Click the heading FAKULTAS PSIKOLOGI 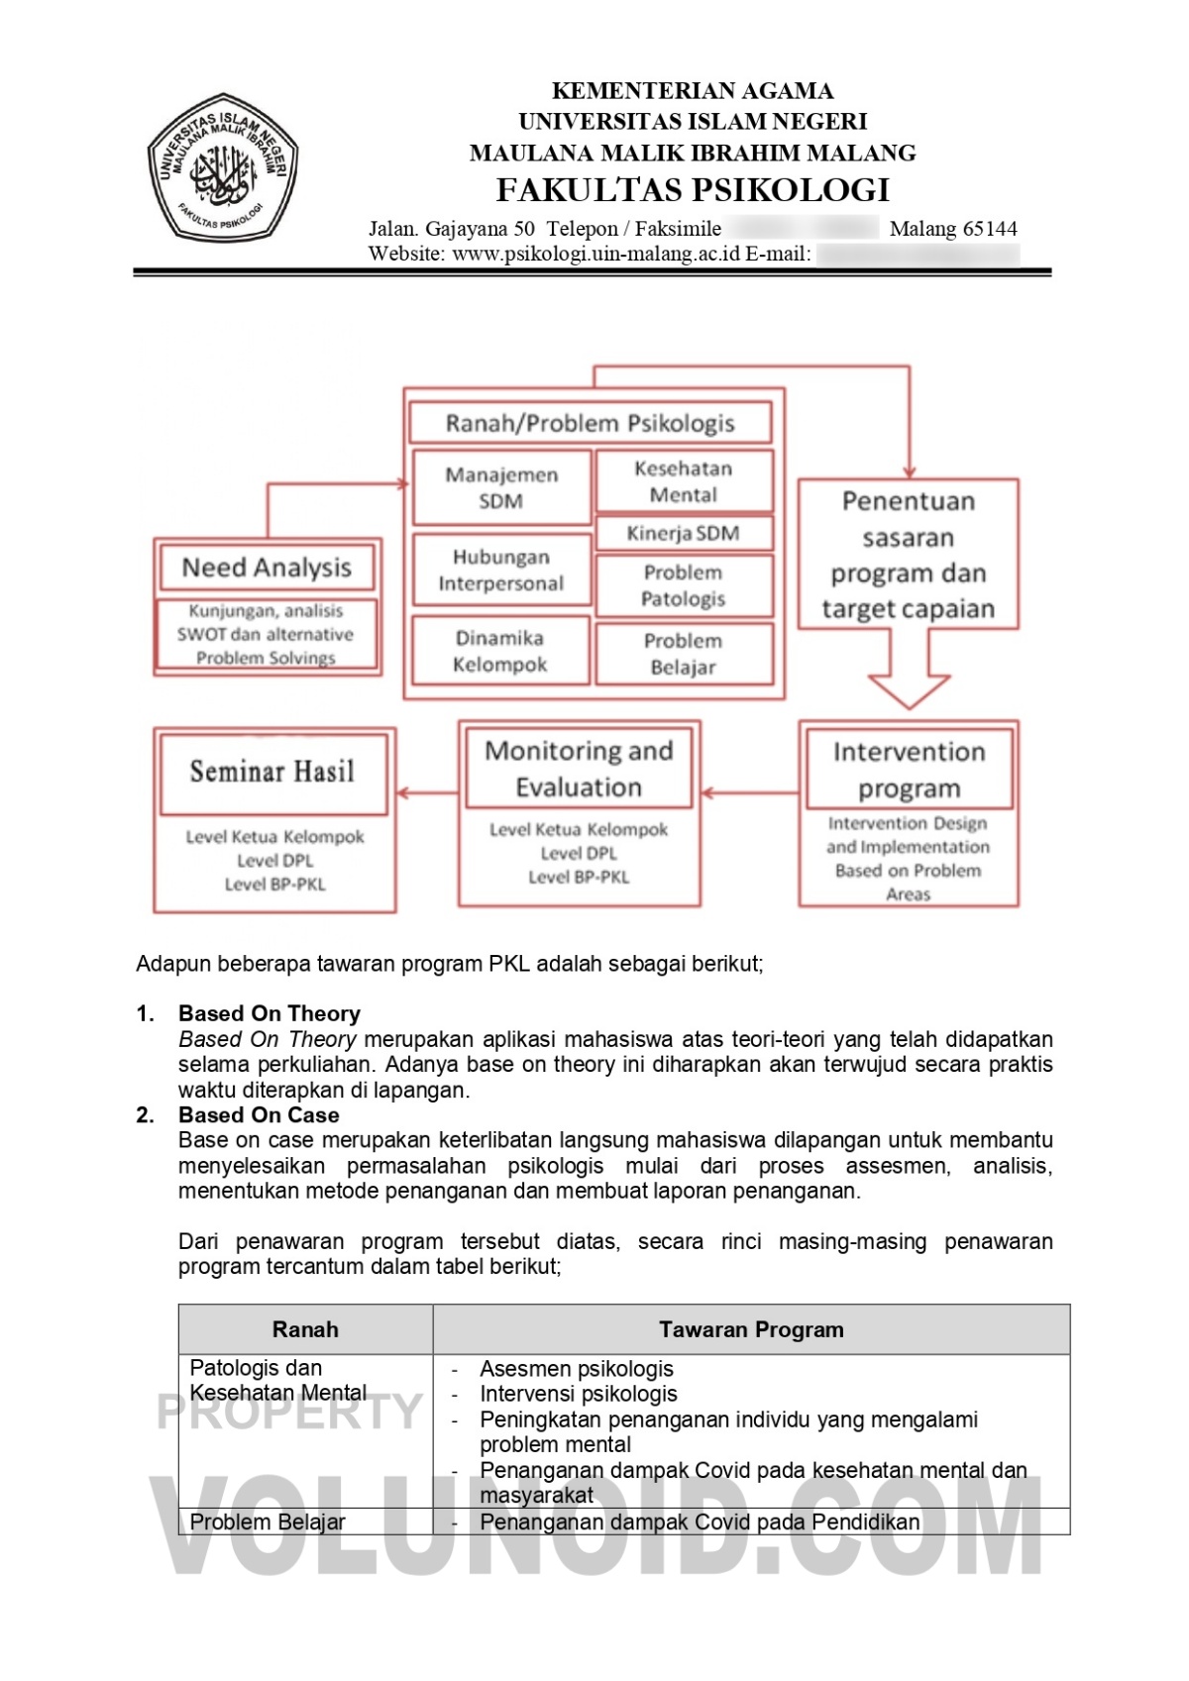693,190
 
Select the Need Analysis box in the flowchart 267,568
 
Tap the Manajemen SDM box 501,487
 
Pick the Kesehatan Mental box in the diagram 684,481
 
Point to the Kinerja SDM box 684,533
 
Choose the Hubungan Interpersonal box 501,571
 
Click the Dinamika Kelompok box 500,651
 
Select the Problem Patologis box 684,585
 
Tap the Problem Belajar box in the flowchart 684,654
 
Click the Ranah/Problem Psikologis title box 590,423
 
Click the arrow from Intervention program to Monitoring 750,792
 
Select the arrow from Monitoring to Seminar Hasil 427,792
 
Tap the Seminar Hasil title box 272,772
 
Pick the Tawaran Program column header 751,1329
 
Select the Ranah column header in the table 305,1329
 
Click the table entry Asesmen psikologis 577,1369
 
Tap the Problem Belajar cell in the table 268,1522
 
